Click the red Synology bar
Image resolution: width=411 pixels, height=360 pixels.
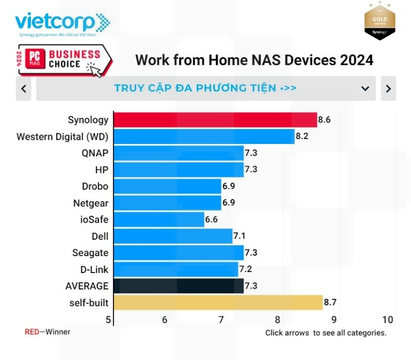215,120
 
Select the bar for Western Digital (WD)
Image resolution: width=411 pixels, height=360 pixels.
203,137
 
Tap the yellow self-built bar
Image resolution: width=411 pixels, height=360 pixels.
218,302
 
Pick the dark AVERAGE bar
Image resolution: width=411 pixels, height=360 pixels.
178,286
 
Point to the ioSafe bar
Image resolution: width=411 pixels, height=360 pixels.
158,220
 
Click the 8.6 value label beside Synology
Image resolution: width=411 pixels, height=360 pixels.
324,120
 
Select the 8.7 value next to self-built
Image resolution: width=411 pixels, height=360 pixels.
330,302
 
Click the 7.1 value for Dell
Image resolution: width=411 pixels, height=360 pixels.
239,237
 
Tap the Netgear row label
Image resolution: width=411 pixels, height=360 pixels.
91,203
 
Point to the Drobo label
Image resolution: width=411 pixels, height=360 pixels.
95,186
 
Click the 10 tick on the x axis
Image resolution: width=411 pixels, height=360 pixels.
387,320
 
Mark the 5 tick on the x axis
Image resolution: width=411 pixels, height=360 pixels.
108,320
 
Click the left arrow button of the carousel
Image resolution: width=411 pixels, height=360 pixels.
24,88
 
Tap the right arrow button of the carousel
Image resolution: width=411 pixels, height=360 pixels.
388,88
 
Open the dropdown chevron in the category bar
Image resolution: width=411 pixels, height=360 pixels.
365,88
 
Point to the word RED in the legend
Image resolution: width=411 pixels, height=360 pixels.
32,332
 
